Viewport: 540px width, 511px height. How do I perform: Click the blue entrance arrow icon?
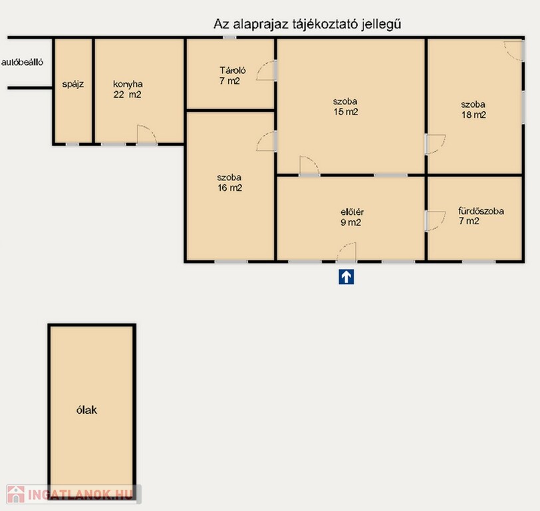point(346,277)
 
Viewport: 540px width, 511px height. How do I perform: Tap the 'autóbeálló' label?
point(23,63)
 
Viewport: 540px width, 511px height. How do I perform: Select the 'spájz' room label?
point(73,84)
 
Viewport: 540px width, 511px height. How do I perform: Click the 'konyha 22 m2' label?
point(128,89)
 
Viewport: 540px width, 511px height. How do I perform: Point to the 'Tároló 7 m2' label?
point(233,75)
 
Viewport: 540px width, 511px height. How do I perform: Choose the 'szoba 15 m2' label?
point(345,106)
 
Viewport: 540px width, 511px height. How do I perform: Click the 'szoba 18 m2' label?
point(473,110)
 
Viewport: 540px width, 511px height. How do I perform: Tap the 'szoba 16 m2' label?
point(229,182)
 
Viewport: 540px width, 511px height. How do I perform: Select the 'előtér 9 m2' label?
point(352,217)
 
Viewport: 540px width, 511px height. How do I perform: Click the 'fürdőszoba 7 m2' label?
point(481,216)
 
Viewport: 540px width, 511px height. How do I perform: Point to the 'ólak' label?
point(86,410)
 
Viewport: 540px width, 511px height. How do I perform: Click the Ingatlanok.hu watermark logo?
point(73,494)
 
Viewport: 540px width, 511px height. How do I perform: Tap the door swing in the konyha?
point(147,134)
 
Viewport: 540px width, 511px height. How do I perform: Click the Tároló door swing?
point(266,71)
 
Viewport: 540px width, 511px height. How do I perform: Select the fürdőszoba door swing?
point(435,221)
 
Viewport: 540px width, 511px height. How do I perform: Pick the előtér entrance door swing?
point(346,252)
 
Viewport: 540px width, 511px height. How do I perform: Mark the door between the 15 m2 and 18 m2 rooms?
point(435,144)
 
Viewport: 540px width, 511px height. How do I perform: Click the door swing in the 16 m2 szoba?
point(266,141)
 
